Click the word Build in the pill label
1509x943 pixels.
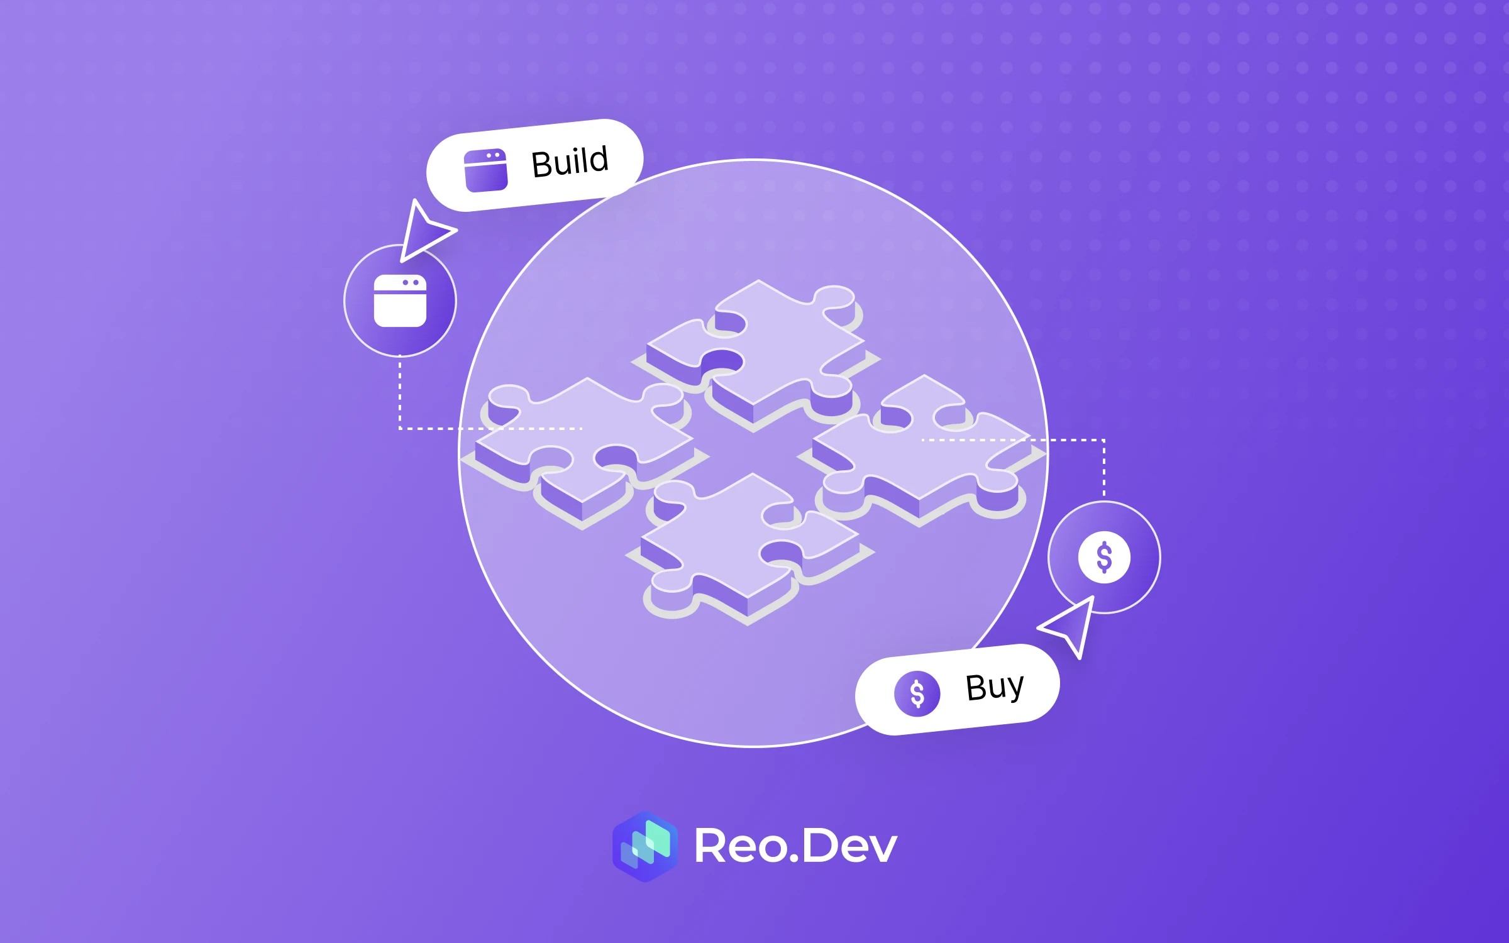[570, 162]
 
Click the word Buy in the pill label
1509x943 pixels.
[994, 687]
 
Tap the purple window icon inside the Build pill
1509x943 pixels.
[485, 170]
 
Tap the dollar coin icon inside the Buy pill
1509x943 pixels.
[917, 693]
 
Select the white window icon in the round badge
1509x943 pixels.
[400, 301]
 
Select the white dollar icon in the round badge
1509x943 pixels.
[1104, 557]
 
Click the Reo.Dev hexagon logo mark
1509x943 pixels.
[645, 846]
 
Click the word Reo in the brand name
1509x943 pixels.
[739, 846]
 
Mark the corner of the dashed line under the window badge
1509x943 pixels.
[400, 429]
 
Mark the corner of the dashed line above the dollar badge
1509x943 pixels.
[1104, 440]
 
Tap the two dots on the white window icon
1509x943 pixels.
[411, 283]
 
